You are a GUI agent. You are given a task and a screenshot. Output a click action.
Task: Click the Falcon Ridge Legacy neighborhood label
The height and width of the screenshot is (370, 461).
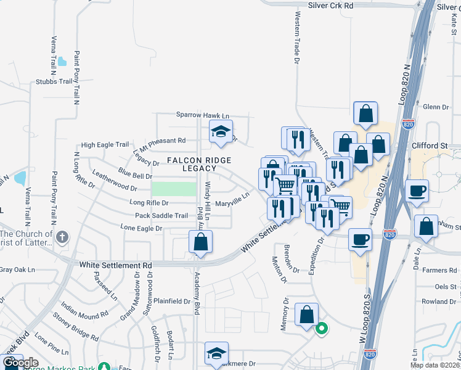(191, 164)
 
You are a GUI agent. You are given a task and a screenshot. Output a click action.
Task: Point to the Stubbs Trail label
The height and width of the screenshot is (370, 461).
(55, 81)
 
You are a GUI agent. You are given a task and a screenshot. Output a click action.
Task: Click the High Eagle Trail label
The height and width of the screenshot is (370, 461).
(105, 144)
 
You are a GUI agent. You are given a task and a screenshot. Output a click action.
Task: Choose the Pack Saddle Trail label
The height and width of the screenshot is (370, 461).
(161, 216)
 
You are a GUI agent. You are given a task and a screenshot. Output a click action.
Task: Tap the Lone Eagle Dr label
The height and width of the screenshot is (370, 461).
(141, 228)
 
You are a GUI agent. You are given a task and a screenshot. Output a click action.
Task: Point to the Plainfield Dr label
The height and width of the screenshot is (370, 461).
(173, 302)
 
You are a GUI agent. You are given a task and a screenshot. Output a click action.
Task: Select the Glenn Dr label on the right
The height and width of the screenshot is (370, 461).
(436, 107)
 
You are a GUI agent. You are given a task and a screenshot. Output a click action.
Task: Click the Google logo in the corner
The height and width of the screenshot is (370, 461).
(20, 363)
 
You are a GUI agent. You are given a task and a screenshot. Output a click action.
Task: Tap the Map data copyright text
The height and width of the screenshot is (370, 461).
(434, 365)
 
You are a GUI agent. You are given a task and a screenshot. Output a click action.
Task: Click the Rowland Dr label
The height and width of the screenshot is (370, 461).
(439, 302)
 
